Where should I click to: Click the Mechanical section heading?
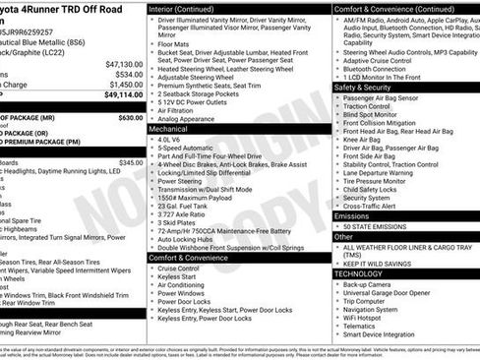pyautogui.click(x=168, y=128)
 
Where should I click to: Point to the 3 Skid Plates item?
pyautogui.click(x=178, y=222)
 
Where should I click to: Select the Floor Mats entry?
pyautogui.click(x=175, y=43)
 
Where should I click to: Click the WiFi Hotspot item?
pyautogui.click(x=369, y=317)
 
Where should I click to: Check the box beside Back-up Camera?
pyautogui.click(x=337, y=284)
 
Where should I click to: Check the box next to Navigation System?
pyautogui.click(x=337, y=309)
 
